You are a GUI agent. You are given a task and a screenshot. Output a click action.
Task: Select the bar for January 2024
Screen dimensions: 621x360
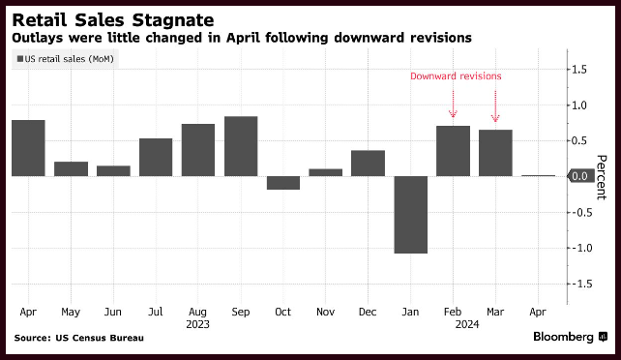click(x=411, y=215)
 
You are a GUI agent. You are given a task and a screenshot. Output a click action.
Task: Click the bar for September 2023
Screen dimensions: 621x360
click(x=241, y=146)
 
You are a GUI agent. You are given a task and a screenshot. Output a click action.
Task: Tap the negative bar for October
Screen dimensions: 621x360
click(x=283, y=183)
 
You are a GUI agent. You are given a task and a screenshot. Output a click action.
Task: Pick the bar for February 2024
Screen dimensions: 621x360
click(x=453, y=151)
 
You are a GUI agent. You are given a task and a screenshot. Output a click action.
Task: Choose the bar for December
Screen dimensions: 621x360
click(x=368, y=164)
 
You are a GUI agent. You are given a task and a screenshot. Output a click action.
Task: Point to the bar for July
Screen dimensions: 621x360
click(x=156, y=157)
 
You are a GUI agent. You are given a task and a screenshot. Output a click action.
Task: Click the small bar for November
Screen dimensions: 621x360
click(x=326, y=172)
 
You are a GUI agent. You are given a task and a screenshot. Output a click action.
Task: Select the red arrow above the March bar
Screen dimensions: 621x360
click(x=495, y=106)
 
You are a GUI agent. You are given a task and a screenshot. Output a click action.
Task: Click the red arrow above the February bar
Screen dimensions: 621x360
click(x=453, y=105)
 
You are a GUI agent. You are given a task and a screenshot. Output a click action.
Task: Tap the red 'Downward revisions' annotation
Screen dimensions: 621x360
click(x=456, y=76)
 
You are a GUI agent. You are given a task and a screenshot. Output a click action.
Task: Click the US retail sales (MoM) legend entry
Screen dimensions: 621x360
click(x=66, y=59)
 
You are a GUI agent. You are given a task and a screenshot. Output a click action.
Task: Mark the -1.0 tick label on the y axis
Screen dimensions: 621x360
click(x=579, y=249)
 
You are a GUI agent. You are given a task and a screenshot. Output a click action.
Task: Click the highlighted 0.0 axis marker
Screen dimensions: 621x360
click(x=580, y=176)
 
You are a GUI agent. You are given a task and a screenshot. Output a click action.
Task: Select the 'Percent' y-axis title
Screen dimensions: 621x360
click(x=602, y=177)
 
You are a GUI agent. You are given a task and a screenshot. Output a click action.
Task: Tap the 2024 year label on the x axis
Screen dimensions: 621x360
click(x=467, y=325)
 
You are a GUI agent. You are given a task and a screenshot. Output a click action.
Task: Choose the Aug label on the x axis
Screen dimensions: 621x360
click(x=197, y=313)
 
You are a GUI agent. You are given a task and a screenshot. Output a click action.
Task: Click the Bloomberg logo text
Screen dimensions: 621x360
click(x=563, y=337)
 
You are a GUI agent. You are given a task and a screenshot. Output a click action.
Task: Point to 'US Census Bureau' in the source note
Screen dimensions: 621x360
click(x=100, y=338)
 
